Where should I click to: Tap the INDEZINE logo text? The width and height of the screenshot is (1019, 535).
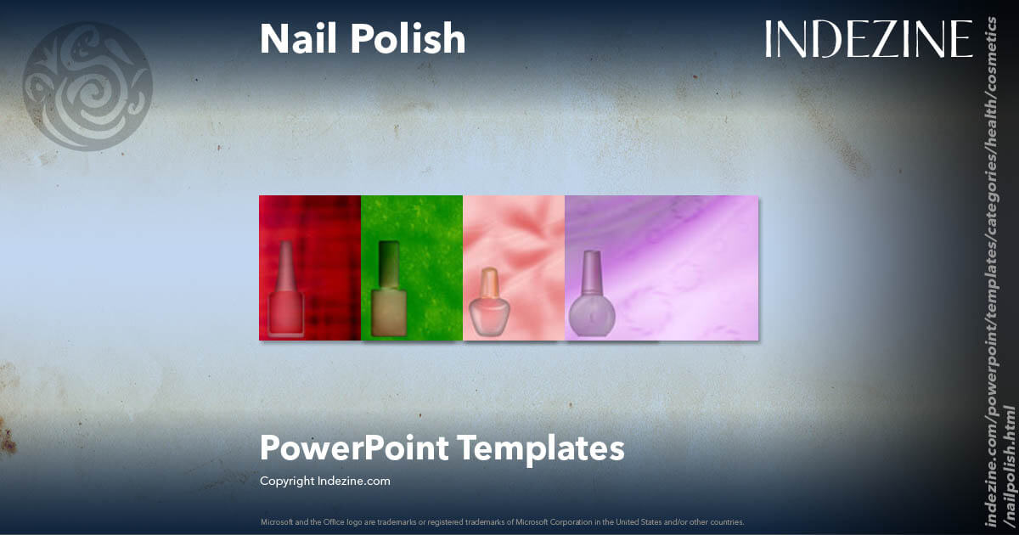click(x=868, y=39)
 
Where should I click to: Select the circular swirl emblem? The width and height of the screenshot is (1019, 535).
click(x=87, y=87)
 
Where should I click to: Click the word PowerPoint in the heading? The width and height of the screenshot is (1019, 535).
click(x=356, y=448)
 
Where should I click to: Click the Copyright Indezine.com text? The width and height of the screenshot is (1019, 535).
click(x=324, y=481)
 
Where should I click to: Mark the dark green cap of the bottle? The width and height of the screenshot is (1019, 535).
click(x=389, y=264)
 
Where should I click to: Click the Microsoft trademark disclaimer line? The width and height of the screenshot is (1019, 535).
click(x=502, y=521)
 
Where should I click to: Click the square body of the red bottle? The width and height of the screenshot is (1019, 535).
click(x=285, y=313)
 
